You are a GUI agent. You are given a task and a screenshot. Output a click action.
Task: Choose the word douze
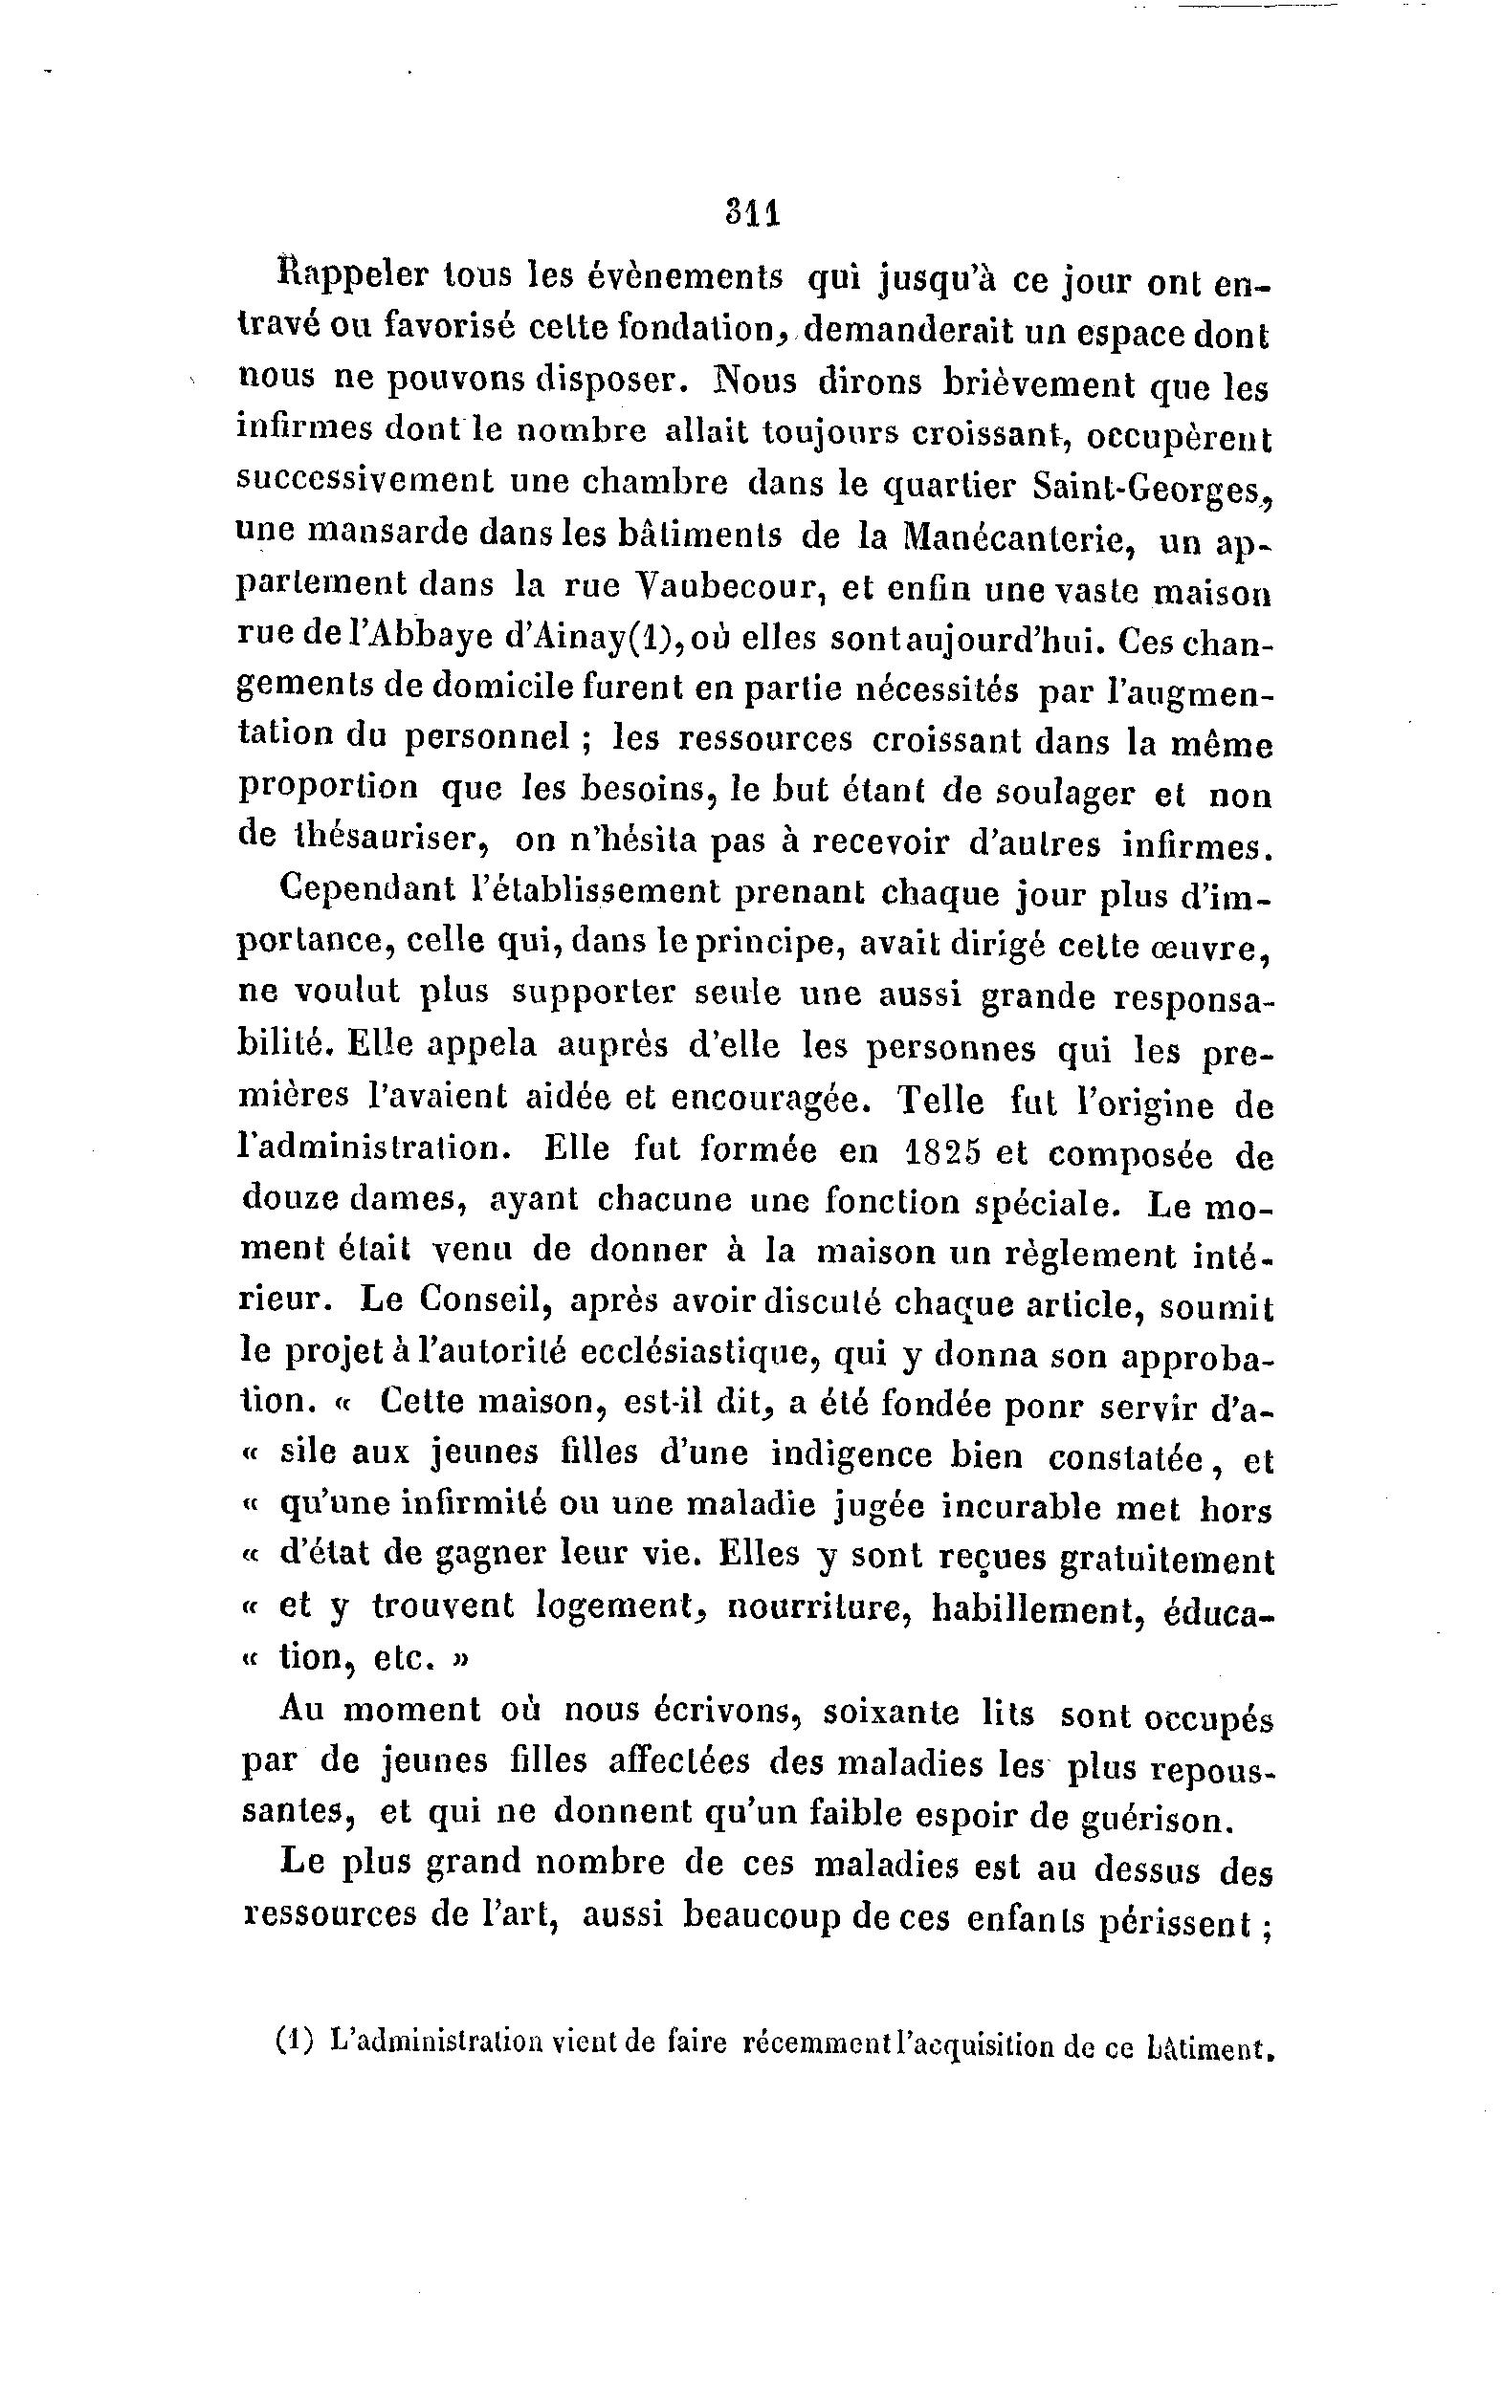pos(292,1200)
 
